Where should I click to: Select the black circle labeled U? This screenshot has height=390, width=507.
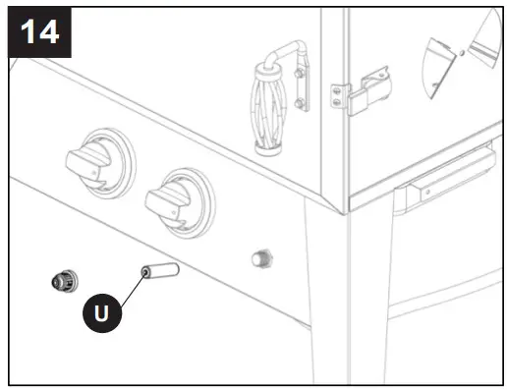tap(102, 313)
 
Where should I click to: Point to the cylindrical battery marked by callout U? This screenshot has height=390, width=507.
tap(158, 269)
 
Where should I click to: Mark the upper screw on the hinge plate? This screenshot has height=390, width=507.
tap(339, 88)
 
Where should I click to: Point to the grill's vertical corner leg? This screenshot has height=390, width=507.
tap(329, 295)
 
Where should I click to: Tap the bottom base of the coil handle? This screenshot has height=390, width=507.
tap(271, 150)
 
